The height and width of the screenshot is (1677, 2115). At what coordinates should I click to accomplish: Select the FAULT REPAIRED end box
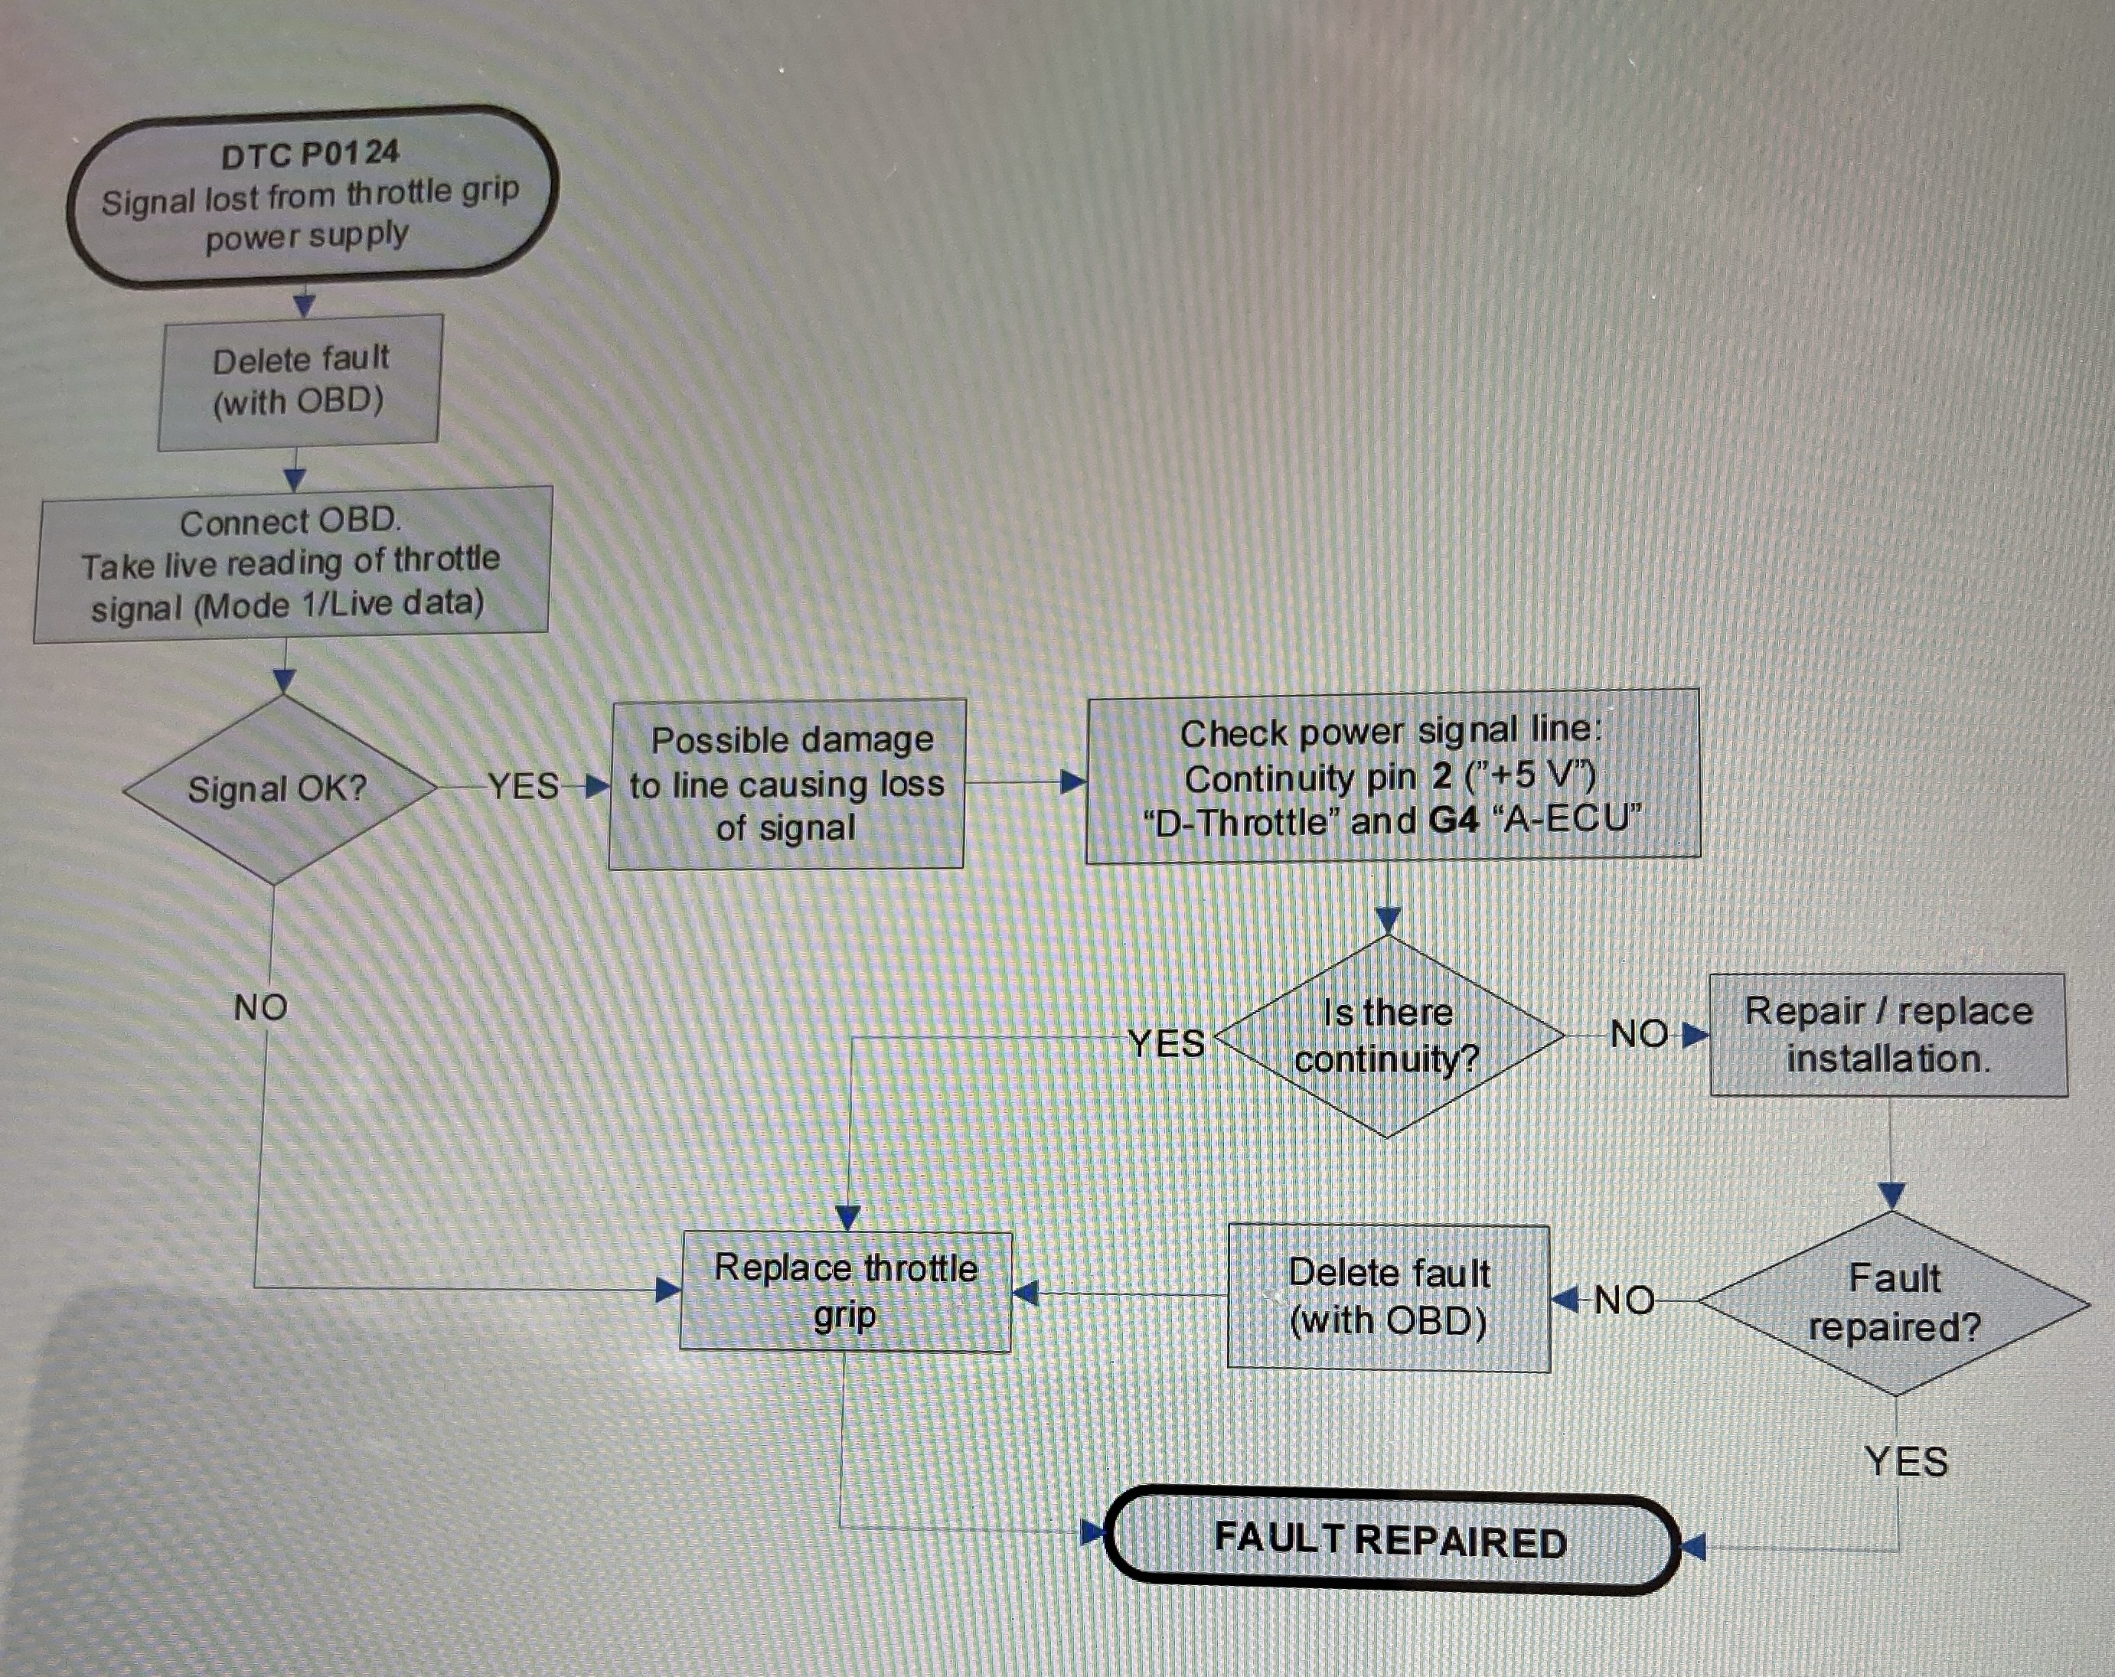coord(1391,1541)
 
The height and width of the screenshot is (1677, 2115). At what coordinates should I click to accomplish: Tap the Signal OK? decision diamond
coord(279,788)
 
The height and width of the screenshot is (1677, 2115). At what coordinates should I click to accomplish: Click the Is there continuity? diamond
coord(1388,1036)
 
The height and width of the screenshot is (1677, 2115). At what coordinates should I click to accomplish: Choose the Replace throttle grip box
coord(846,1290)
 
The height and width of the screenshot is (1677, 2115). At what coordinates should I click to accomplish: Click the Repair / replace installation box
coord(1888,1035)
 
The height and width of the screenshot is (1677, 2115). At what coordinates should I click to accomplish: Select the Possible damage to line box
coord(787,784)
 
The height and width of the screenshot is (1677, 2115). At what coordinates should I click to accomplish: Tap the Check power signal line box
coord(1392,775)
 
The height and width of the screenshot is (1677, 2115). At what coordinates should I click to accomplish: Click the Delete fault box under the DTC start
coord(299,381)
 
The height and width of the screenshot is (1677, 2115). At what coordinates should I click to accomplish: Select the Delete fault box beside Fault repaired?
coord(1389,1297)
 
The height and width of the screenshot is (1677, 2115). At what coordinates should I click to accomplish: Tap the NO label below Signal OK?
coord(261,1007)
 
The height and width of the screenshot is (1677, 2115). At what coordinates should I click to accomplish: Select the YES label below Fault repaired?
coord(1905,1462)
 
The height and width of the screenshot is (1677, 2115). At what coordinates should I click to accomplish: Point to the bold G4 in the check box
coord(1453,819)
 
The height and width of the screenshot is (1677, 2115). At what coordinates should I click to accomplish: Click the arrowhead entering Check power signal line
coord(1074,782)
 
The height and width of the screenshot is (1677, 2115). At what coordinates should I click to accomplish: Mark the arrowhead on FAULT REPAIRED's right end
coord(1694,1548)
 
